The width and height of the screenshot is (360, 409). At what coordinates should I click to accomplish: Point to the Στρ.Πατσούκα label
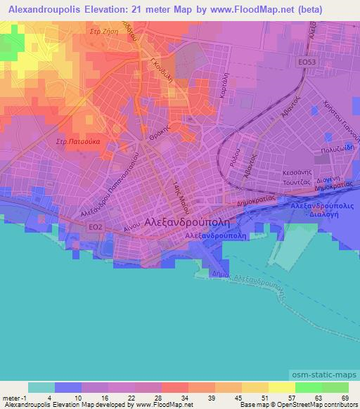[78, 141]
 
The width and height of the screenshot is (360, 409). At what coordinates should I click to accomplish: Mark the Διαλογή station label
[323, 216]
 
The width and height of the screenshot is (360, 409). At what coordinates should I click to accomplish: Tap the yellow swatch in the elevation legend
[281, 387]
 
